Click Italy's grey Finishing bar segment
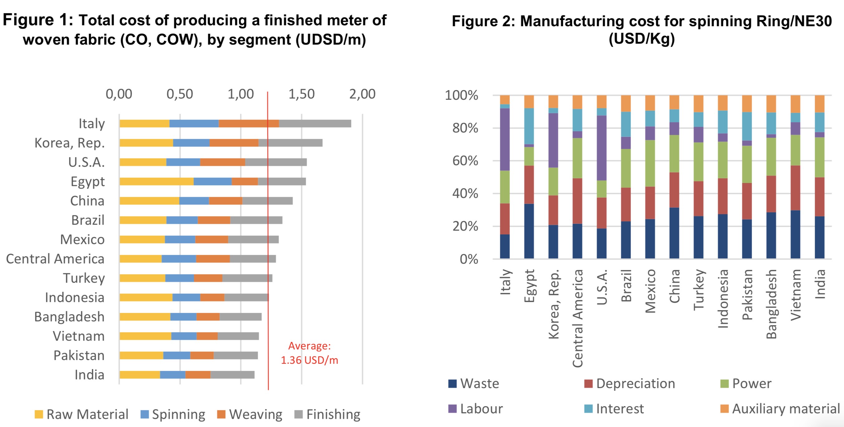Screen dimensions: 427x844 pyautogui.click(x=315, y=124)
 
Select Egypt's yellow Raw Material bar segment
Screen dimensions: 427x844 pyautogui.click(x=156, y=182)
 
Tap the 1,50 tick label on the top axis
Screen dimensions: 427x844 pyautogui.click(x=301, y=94)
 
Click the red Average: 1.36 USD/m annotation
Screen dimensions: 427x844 pyautogui.click(x=309, y=353)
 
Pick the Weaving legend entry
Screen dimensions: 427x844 pyautogui.click(x=250, y=414)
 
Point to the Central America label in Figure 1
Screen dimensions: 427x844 pyautogui.click(x=55, y=259)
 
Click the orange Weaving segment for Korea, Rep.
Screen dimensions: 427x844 pyautogui.click(x=234, y=143)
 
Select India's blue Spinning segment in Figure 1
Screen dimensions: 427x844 pyautogui.click(x=172, y=375)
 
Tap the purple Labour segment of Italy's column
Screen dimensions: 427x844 pyautogui.click(x=505, y=139)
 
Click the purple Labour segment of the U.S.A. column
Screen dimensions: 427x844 pyautogui.click(x=601, y=148)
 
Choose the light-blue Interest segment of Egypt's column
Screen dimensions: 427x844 pyautogui.click(x=529, y=126)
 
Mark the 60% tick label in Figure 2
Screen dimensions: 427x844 pyautogui.click(x=465, y=161)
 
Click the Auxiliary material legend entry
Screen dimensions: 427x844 pyautogui.click(x=780, y=409)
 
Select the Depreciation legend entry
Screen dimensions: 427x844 pyautogui.click(x=629, y=383)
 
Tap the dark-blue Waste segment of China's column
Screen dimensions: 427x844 pyautogui.click(x=674, y=233)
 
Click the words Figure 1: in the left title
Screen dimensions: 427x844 pyautogui.click(x=38, y=20)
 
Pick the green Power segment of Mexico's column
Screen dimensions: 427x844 pyautogui.click(x=650, y=163)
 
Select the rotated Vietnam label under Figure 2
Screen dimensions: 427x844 pyautogui.click(x=796, y=295)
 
